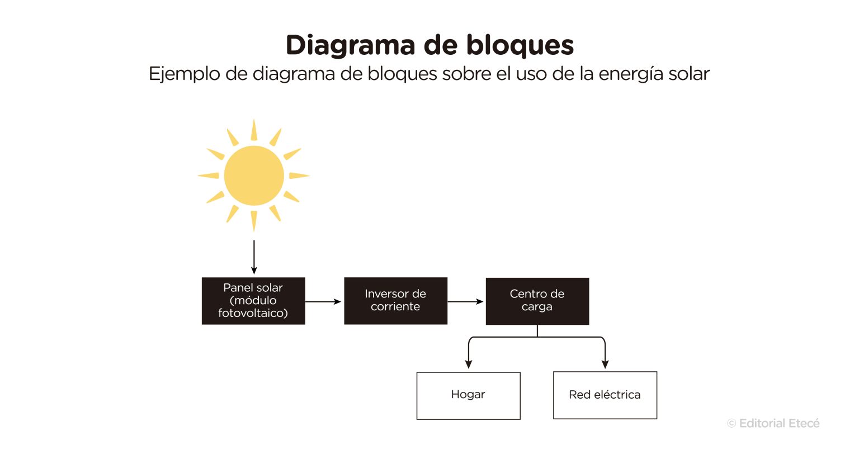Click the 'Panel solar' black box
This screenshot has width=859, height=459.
[x=253, y=300]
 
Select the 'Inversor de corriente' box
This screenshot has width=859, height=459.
[x=395, y=300]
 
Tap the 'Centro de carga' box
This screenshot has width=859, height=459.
[x=537, y=301]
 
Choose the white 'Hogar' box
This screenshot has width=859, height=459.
[x=468, y=395]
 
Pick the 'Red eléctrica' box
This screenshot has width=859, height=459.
[x=605, y=395]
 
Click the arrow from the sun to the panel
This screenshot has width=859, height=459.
[x=254, y=257]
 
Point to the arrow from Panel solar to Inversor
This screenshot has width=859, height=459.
[x=323, y=301]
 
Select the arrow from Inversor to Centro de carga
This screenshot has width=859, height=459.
[x=465, y=301]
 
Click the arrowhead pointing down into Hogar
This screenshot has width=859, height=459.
[x=469, y=364]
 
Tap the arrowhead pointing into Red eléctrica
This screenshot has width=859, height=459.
[x=605, y=364]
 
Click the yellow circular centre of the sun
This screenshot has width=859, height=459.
[x=254, y=176]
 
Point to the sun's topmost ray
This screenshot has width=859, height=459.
[x=254, y=130]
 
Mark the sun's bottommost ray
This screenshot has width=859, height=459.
[x=254, y=220]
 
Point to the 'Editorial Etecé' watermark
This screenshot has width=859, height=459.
[x=773, y=423]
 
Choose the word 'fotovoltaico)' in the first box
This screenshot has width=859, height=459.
[x=253, y=313]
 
